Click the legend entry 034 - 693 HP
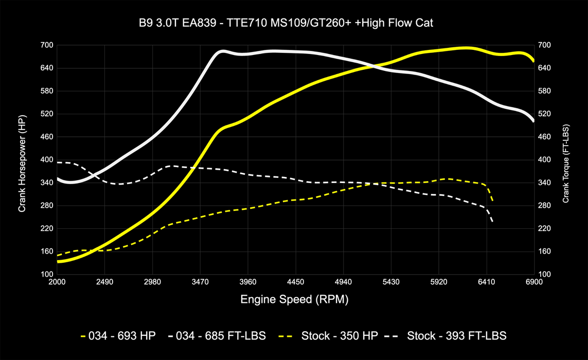[x=119, y=336]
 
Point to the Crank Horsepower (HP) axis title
[x=22, y=160]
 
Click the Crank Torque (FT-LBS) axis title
[x=566, y=160]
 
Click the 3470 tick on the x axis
[x=200, y=282]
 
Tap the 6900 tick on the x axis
[x=534, y=282]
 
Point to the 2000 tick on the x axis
[x=57, y=282]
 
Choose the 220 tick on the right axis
[x=544, y=228]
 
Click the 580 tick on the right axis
[x=544, y=91]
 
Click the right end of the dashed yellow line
[x=492, y=201]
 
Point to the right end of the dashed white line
[x=492, y=222]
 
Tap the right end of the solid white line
[x=533, y=121]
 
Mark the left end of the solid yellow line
[x=58, y=261]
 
